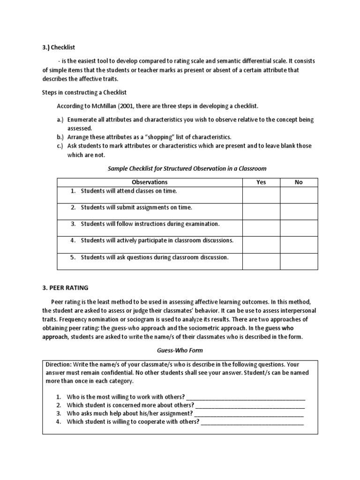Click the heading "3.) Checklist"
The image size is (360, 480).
59,47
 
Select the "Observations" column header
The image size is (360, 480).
149,182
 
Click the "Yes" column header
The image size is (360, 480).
261,182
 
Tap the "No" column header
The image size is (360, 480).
299,182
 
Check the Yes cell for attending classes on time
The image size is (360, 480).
261,195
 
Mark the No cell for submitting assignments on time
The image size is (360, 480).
299,211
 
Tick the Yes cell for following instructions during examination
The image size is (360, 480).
261,228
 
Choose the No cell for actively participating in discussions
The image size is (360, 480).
299,244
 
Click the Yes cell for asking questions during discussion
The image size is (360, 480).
261,261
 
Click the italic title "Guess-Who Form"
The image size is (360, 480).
180,350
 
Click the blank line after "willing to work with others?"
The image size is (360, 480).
246,397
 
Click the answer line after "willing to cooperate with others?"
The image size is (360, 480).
252,422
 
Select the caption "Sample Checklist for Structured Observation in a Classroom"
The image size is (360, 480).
187,168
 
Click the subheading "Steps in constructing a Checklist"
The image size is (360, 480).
84,92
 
